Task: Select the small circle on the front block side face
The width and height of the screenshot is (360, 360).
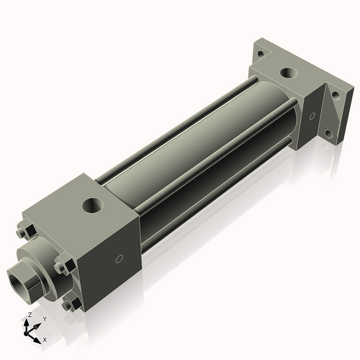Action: tap(120, 258)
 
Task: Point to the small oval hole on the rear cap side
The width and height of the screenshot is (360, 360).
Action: tap(311, 115)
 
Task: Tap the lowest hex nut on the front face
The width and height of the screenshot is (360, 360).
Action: tap(69, 305)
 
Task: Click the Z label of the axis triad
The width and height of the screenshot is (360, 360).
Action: tap(28, 315)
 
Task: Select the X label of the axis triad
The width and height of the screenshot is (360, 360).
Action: tap(45, 338)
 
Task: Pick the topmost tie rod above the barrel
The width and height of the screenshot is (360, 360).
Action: tap(180, 122)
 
